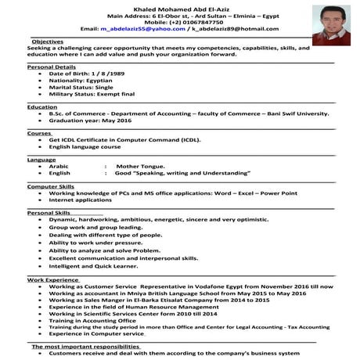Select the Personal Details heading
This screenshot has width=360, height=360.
pyautogui.click(x=51, y=68)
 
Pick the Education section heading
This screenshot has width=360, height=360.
pyautogui.click(x=42, y=106)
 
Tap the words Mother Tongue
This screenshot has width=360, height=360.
pyautogui.click(x=140, y=166)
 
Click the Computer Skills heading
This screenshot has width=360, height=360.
pyautogui.click(x=51, y=186)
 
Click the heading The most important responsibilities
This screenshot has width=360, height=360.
pyautogui.click(x=85, y=346)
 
